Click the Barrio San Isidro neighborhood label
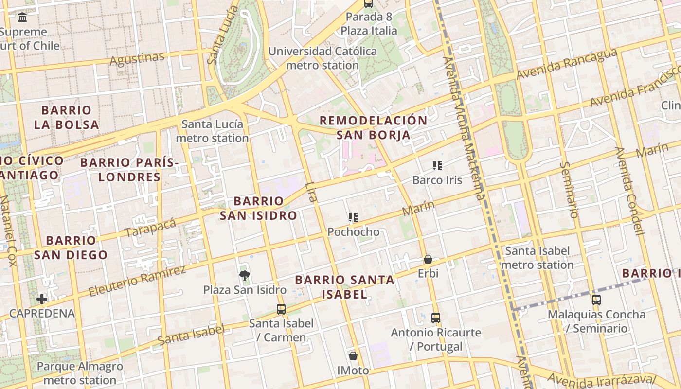click(258, 208)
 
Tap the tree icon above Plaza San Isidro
click(245, 276)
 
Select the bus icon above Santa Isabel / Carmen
click(281, 309)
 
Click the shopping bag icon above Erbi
click(428, 259)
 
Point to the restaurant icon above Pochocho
click(353, 217)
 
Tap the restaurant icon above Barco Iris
click(437, 166)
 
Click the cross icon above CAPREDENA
click(42, 299)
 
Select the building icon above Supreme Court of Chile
click(22, 18)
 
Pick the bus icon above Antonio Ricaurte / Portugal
click(436, 318)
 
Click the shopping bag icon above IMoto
click(353, 356)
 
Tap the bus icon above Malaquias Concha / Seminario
click(596, 300)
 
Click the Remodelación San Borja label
click(374, 127)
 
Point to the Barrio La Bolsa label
click(67, 117)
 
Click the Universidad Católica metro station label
click(323, 58)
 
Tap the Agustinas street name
click(137, 59)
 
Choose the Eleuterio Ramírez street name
click(137, 281)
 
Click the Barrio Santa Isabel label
click(344, 287)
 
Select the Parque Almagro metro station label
click(80, 373)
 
